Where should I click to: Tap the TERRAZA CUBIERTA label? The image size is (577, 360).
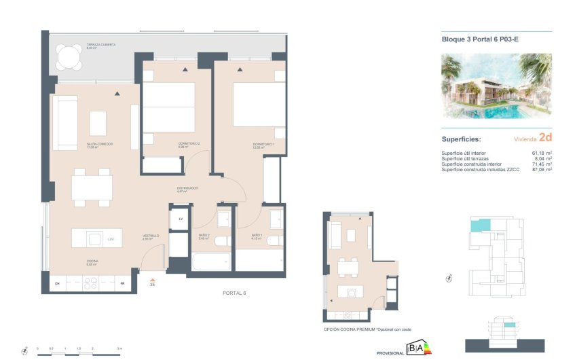click(x=82, y=45)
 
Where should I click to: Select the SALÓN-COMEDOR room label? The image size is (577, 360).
click(x=99, y=145)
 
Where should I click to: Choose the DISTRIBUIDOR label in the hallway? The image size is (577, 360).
click(x=187, y=188)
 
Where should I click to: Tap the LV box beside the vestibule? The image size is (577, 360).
click(x=181, y=220)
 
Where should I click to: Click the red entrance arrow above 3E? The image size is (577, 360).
click(x=153, y=278)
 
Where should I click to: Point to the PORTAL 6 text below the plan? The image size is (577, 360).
click(x=234, y=293)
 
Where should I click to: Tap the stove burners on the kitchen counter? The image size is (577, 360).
click(x=92, y=284)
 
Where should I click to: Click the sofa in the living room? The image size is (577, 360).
click(x=65, y=123)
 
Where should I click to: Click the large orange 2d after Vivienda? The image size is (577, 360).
click(x=544, y=137)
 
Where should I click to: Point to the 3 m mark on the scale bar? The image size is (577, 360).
click(x=119, y=348)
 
